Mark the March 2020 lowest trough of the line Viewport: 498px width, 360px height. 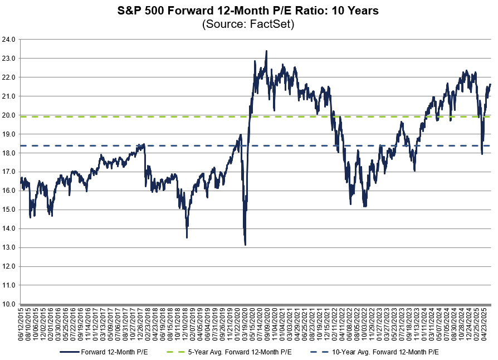click(245, 245)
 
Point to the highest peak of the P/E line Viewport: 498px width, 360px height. click(266, 51)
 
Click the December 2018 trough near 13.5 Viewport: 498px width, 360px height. click(187, 238)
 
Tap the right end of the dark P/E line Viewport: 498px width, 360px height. click(491, 84)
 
